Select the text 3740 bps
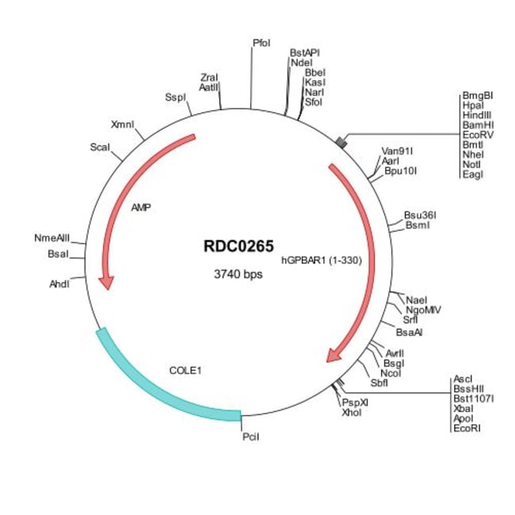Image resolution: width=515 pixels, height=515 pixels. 238,275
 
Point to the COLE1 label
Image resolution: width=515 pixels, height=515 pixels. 185,369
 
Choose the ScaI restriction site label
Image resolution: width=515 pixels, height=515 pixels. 100,147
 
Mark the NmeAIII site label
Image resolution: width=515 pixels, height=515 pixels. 52,238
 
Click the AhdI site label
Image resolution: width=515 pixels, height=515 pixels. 59,283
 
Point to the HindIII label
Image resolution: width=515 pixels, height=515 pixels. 478,115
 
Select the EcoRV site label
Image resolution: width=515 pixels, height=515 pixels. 478,135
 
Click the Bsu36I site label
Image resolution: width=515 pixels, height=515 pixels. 421,215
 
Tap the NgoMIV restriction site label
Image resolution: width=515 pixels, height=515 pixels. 422,310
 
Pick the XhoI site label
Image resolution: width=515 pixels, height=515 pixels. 351,413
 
